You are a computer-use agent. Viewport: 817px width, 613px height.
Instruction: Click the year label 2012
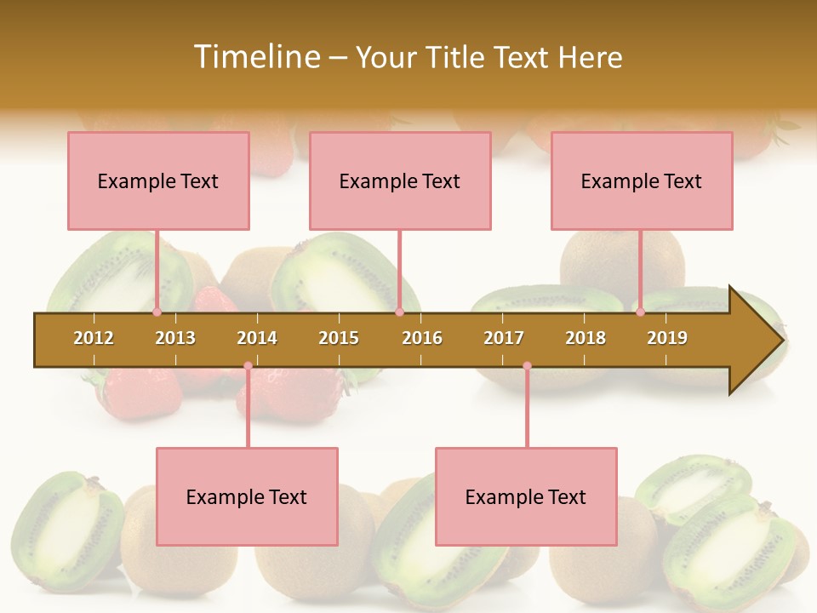pos(94,338)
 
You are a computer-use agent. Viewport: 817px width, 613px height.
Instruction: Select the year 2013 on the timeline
pos(175,338)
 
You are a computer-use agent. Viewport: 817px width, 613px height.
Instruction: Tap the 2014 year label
pos(257,338)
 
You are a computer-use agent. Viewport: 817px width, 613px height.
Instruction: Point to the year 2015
pos(339,338)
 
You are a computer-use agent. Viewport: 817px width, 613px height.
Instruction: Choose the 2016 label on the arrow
pos(422,338)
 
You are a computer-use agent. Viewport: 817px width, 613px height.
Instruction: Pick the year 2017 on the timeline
pos(504,338)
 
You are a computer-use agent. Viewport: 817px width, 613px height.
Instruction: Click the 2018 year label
pos(586,338)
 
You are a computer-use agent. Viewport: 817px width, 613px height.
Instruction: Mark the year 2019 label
pos(667,338)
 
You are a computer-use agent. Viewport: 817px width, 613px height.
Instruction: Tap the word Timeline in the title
pos(256,57)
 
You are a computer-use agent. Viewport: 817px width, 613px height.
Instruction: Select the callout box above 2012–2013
pos(158,180)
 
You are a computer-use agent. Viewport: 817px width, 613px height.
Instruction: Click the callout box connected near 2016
pos(400,180)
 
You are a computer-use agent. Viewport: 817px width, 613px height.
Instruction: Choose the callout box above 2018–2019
pos(642,180)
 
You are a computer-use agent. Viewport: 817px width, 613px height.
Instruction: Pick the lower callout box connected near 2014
pos(247,496)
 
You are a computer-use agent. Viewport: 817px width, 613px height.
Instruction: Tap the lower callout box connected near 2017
pos(526,496)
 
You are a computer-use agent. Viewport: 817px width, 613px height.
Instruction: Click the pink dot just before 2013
pos(157,312)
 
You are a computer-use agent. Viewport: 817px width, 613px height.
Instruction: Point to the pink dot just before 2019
pos(641,312)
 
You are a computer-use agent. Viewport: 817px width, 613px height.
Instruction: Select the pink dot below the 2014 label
pos(248,366)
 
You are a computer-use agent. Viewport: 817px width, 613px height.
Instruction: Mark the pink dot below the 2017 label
pos(527,366)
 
